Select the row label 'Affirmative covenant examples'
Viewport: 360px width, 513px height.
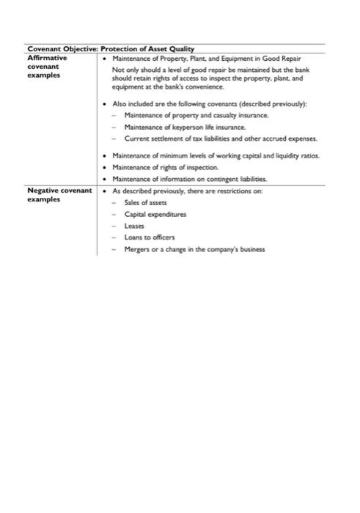click(x=47, y=66)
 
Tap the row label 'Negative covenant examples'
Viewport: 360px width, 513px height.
click(x=59, y=195)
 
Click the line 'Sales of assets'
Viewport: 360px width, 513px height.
click(x=145, y=202)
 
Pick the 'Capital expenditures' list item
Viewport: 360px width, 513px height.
click(x=155, y=214)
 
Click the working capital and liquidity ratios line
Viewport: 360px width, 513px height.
click(x=216, y=156)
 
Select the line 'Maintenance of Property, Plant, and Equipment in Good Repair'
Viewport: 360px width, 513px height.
click(x=206, y=58)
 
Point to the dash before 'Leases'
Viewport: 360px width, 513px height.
click(x=115, y=226)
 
